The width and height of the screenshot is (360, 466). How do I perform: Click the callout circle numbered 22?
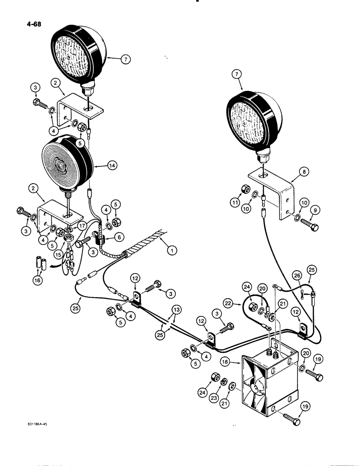[241, 302]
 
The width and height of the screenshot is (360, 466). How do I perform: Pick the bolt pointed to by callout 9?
[309, 226]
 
